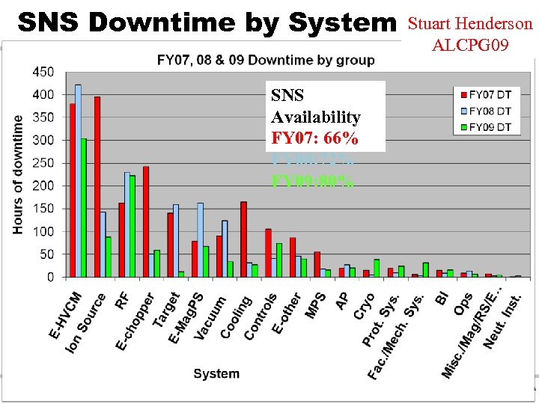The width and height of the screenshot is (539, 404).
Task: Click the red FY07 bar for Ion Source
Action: [97, 187]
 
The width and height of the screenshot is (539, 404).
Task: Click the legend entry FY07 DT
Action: [484, 94]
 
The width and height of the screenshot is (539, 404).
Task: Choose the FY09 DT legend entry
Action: [484, 126]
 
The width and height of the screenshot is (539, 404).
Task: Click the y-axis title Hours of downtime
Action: [18, 174]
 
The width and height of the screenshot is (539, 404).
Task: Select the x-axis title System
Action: [216, 373]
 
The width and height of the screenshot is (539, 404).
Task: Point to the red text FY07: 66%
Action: [314, 139]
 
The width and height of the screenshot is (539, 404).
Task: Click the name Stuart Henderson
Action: [470, 24]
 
